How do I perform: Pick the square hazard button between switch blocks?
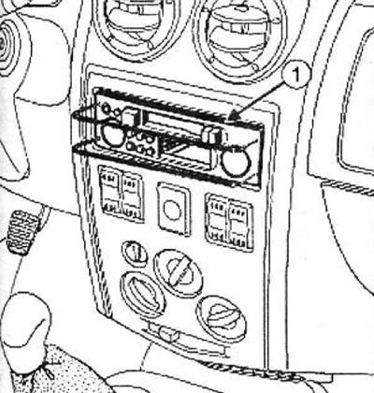point(174,208)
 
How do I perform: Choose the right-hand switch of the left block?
point(133,196)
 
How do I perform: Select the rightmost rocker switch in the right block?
point(239,224)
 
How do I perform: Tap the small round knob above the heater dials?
point(135,254)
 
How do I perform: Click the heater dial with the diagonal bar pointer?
point(178,271)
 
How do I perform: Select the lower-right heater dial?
point(222,318)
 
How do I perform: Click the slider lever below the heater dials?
point(168,333)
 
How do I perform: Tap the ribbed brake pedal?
point(22,232)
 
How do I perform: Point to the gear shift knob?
point(25,322)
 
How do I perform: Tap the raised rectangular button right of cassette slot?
point(213,135)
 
